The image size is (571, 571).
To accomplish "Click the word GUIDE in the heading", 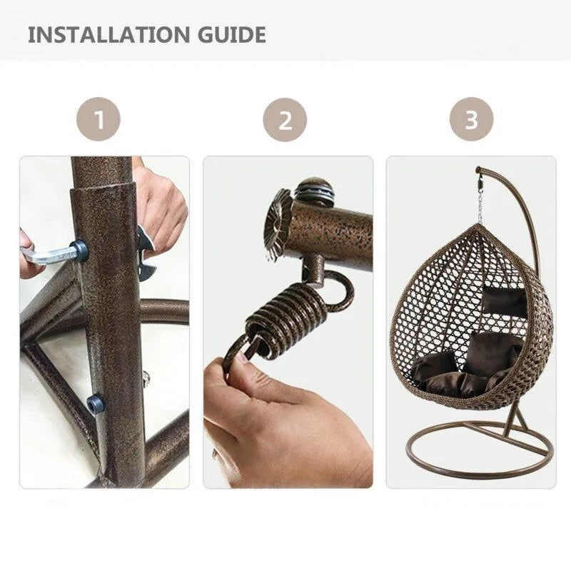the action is tap(232, 34).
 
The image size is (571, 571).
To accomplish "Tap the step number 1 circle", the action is tap(98, 119).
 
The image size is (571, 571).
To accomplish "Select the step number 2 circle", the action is tap(285, 120).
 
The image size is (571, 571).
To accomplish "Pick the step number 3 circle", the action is tap(471, 119).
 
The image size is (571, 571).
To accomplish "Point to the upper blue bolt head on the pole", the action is tap(80, 251).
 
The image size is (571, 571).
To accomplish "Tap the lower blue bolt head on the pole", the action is tap(95, 403).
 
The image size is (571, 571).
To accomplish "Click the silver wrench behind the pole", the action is tap(146, 255).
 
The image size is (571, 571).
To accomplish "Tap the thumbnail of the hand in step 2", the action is tap(243, 358).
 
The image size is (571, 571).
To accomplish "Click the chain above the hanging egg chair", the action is tap(480, 205).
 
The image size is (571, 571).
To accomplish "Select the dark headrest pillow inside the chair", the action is tap(505, 300).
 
